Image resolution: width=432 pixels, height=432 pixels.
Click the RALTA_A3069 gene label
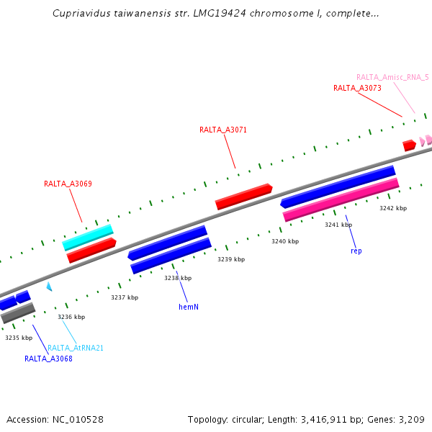[x=68, y=184]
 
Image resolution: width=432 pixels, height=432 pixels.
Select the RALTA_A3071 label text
[x=223, y=130]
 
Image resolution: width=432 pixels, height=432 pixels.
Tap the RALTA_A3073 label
[x=357, y=88]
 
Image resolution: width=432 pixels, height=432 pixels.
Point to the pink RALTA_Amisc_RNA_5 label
[x=392, y=77]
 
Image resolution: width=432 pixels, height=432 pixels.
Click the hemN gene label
[x=189, y=307]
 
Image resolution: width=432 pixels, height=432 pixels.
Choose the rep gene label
[x=356, y=251]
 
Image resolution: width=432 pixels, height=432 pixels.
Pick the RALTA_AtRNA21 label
[x=76, y=348]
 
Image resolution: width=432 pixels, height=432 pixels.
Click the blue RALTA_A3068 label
[x=48, y=359]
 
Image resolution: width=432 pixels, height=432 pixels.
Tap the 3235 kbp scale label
[x=19, y=337]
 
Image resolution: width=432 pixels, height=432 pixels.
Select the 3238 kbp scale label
[x=178, y=278]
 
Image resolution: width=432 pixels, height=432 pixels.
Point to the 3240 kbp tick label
[x=285, y=241]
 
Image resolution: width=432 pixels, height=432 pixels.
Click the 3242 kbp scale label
[x=393, y=208]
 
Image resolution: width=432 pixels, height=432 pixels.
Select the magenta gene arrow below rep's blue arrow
[x=341, y=199]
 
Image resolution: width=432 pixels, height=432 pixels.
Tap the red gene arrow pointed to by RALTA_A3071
[x=243, y=197]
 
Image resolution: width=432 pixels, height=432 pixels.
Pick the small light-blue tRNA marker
[x=49, y=287]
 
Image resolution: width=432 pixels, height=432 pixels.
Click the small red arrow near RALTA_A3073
[x=409, y=145]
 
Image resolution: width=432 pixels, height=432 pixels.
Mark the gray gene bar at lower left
[x=18, y=313]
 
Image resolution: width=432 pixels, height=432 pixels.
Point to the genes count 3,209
[x=412, y=419]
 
